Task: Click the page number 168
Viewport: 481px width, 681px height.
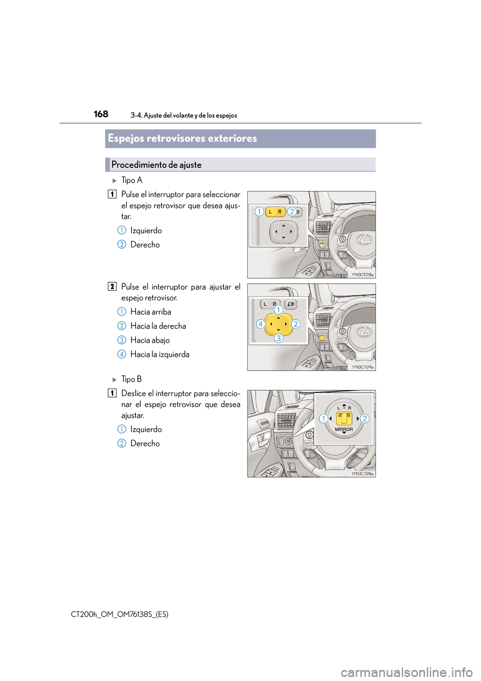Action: pyautogui.click(x=101, y=114)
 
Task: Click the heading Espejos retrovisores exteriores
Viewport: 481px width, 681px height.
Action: pyautogui.click(x=182, y=138)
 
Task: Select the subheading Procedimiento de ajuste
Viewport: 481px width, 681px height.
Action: pyautogui.click(x=156, y=165)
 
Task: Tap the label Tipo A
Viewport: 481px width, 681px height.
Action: pyautogui.click(x=132, y=181)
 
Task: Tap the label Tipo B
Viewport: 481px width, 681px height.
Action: pyautogui.click(x=131, y=380)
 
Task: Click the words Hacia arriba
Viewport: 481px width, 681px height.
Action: pyautogui.click(x=150, y=312)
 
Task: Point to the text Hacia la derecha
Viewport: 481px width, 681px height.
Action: pyautogui.click(x=158, y=326)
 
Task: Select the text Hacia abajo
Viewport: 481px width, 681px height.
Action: pyautogui.click(x=150, y=340)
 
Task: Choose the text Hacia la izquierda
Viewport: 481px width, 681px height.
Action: pyautogui.click(x=160, y=355)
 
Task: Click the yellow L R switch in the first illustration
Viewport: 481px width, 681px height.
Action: pyautogui.click(x=275, y=212)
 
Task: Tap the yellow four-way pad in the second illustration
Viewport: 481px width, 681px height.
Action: pyautogui.click(x=279, y=324)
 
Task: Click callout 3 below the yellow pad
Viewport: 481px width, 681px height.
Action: pyautogui.click(x=279, y=338)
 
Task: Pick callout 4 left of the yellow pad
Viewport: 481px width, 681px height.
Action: pyautogui.click(x=261, y=324)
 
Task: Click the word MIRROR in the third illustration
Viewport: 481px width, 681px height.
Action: pyautogui.click(x=344, y=430)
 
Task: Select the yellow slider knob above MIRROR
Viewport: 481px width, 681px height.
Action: pyautogui.click(x=344, y=418)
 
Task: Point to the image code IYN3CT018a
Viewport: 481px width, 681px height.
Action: pyautogui.click(x=362, y=275)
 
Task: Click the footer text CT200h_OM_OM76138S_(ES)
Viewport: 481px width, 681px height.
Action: pyautogui.click(x=120, y=614)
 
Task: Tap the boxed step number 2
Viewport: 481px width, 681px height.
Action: pyautogui.click(x=112, y=287)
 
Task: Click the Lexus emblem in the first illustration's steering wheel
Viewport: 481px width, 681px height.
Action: pyautogui.click(x=364, y=240)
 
